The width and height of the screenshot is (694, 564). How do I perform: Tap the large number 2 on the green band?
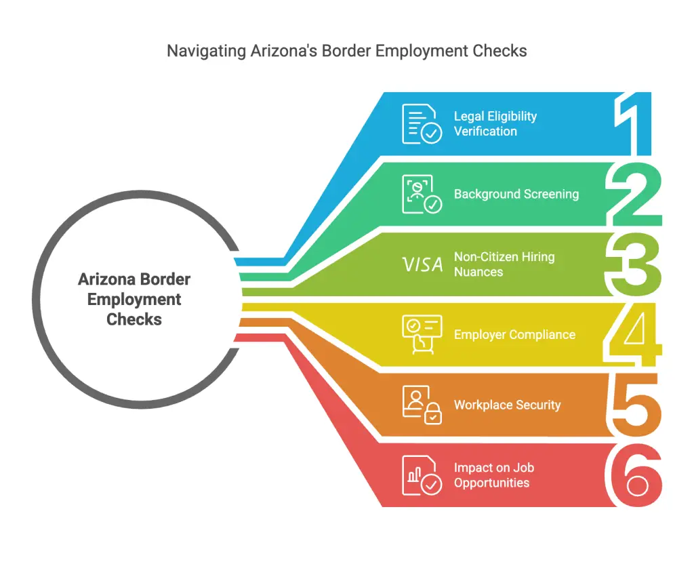tap(634, 194)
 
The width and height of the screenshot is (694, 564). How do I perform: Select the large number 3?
tap(634, 264)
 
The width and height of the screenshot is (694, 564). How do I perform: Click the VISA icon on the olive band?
tap(423, 264)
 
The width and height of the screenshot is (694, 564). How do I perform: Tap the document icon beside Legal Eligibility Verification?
tap(422, 124)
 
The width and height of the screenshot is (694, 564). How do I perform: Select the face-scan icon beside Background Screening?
tap(422, 194)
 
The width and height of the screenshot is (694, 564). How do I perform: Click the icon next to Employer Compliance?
tap(422, 334)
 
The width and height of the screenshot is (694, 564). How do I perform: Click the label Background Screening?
tap(516, 195)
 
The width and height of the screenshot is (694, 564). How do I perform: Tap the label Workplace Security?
tap(507, 405)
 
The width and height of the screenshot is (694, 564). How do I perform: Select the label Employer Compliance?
tap(515, 335)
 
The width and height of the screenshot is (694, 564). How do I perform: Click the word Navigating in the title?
tap(206, 51)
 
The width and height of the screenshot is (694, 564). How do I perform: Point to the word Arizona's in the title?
tap(284, 50)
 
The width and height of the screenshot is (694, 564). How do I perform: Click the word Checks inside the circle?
tap(134, 319)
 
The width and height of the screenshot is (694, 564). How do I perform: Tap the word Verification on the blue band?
tap(485, 132)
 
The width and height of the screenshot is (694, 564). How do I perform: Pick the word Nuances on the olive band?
tap(478, 272)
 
